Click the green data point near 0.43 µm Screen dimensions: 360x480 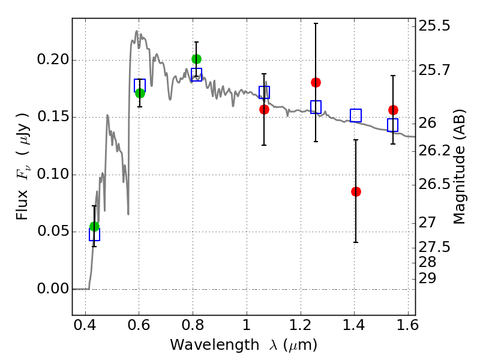[x=94, y=226]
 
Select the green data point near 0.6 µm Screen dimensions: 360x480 [x=140, y=93]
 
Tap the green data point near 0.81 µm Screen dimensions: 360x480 [x=196, y=59]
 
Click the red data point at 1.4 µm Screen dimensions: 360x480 [x=356, y=191]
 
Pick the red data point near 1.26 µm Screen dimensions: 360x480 [x=316, y=82]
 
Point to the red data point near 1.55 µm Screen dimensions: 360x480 [x=393, y=110]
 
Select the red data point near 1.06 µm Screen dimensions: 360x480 [x=264, y=109]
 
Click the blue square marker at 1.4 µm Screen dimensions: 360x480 [x=356, y=115]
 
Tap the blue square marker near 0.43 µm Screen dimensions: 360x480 [x=94, y=235]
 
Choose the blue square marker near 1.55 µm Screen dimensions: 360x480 [x=393, y=125]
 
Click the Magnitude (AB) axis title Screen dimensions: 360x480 [x=460, y=167]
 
